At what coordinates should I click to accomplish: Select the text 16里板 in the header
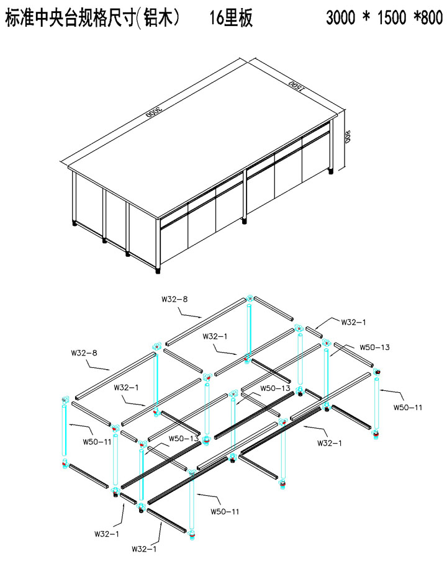(231, 17)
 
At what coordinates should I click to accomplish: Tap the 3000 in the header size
(340, 17)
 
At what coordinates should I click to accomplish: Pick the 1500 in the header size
(392, 17)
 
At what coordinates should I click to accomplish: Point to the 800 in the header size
(432, 17)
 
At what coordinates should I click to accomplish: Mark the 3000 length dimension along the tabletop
(155, 111)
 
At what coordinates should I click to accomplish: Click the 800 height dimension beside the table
(348, 137)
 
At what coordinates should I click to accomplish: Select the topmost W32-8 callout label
(174, 299)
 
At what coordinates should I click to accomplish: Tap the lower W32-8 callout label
(84, 353)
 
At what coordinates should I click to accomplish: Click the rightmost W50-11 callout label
(408, 408)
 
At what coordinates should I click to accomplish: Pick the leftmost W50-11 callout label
(97, 442)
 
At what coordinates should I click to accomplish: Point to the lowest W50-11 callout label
(225, 511)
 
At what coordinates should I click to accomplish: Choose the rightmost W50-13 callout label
(374, 347)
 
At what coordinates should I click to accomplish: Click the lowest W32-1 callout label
(144, 549)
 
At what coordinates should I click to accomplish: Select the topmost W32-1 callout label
(354, 322)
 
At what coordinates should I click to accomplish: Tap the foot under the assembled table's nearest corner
(158, 271)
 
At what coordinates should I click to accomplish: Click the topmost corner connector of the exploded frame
(250, 298)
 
